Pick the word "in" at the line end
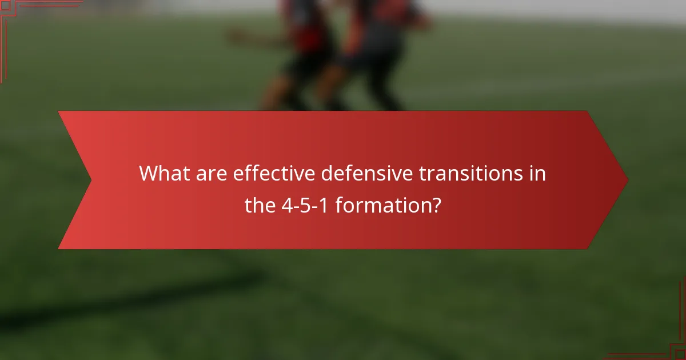pyautogui.click(x=538, y=173)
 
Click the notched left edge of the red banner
pyautogui.click(x=89, y=180)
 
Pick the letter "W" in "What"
pyautogui.click(x=150, y=173)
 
